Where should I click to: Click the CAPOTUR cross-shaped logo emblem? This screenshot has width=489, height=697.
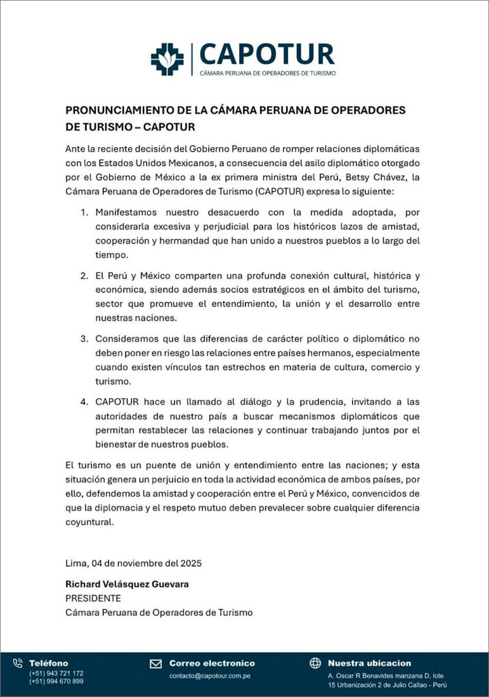[168, 58]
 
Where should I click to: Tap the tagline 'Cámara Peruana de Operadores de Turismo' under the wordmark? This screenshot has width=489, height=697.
[267, 72]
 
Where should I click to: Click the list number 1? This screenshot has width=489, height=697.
[84, 212]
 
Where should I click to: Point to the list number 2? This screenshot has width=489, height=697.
[84, 276]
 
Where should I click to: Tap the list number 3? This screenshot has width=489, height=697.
[84, 338]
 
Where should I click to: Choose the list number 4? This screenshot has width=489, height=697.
[84, 402]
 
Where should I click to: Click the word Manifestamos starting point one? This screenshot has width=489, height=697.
[129, 212]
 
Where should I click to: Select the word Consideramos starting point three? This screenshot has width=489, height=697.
[129, 338]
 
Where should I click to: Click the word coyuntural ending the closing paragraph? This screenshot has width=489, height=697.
[89, 523]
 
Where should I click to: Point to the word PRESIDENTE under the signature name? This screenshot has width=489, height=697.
[93, 598]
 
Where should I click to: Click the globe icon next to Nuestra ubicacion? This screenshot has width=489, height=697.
[315, 663]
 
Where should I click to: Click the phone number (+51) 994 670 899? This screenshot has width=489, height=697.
[56, 681]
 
